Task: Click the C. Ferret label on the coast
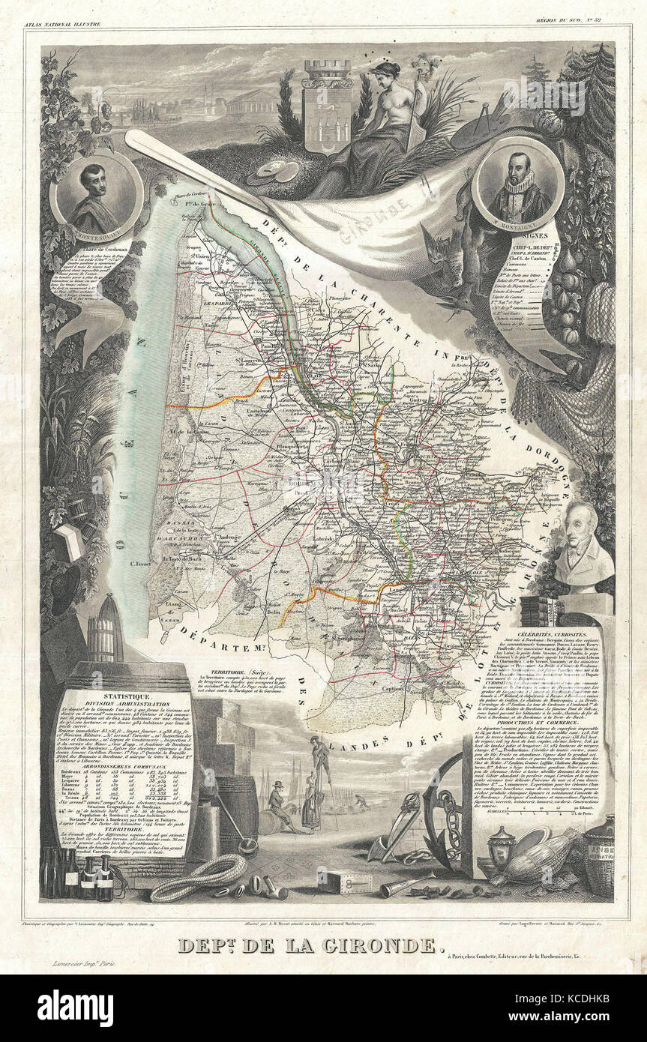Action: (143, 564)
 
